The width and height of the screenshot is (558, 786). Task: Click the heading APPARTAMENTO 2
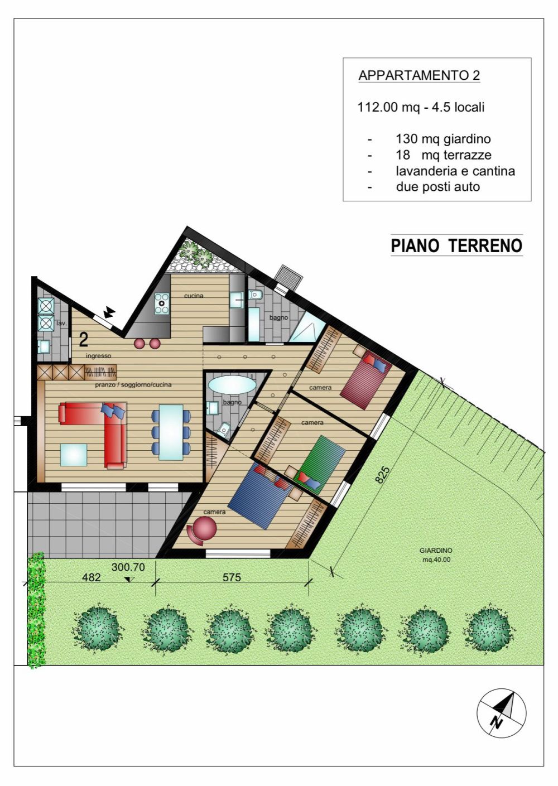coord(419,75)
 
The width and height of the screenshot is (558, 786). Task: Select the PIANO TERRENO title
coord(456,245)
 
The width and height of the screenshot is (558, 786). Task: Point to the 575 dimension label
coord(232,577)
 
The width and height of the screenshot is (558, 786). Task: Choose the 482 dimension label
coord(92,577)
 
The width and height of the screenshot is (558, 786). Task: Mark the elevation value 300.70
coord(128,567)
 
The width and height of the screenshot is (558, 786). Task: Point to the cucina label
coord(194,296)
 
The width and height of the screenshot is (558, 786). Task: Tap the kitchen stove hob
coord(162,303)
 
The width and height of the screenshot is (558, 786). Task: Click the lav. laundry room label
coord(61,323)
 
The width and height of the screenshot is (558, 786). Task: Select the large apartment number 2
coord(84,339)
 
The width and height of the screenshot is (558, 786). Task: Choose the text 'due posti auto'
coord(437,187)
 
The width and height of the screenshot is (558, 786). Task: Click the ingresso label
coord(99,356)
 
